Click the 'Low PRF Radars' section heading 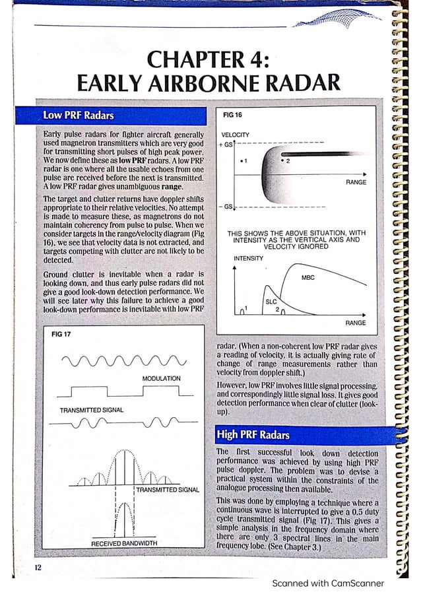[x=78, y=116]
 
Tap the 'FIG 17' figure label [x=61, y=334]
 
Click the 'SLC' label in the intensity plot [x=270, y=301]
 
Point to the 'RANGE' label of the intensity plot [x=355, y=323]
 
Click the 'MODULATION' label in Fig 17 [x=161, y=378]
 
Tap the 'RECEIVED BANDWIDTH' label [x=124, y=543]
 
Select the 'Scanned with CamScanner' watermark [x=327, y=583]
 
